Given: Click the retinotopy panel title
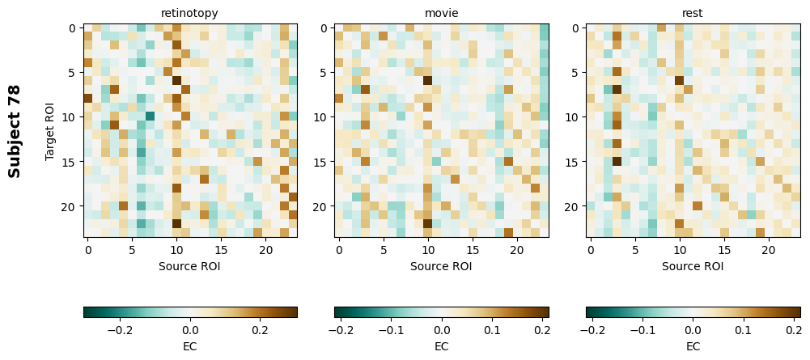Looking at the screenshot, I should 189,13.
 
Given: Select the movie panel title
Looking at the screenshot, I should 441,13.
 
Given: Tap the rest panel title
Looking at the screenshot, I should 693,13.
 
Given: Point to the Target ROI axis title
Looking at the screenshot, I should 50,131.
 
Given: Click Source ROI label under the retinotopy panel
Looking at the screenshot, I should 189,265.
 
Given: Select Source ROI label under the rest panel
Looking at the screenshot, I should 693,265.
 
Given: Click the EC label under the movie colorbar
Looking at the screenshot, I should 441,346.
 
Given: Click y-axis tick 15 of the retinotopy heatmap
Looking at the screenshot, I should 71,162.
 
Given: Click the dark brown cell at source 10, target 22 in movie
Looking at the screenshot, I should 428,224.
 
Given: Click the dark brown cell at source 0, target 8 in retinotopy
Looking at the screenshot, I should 88,99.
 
